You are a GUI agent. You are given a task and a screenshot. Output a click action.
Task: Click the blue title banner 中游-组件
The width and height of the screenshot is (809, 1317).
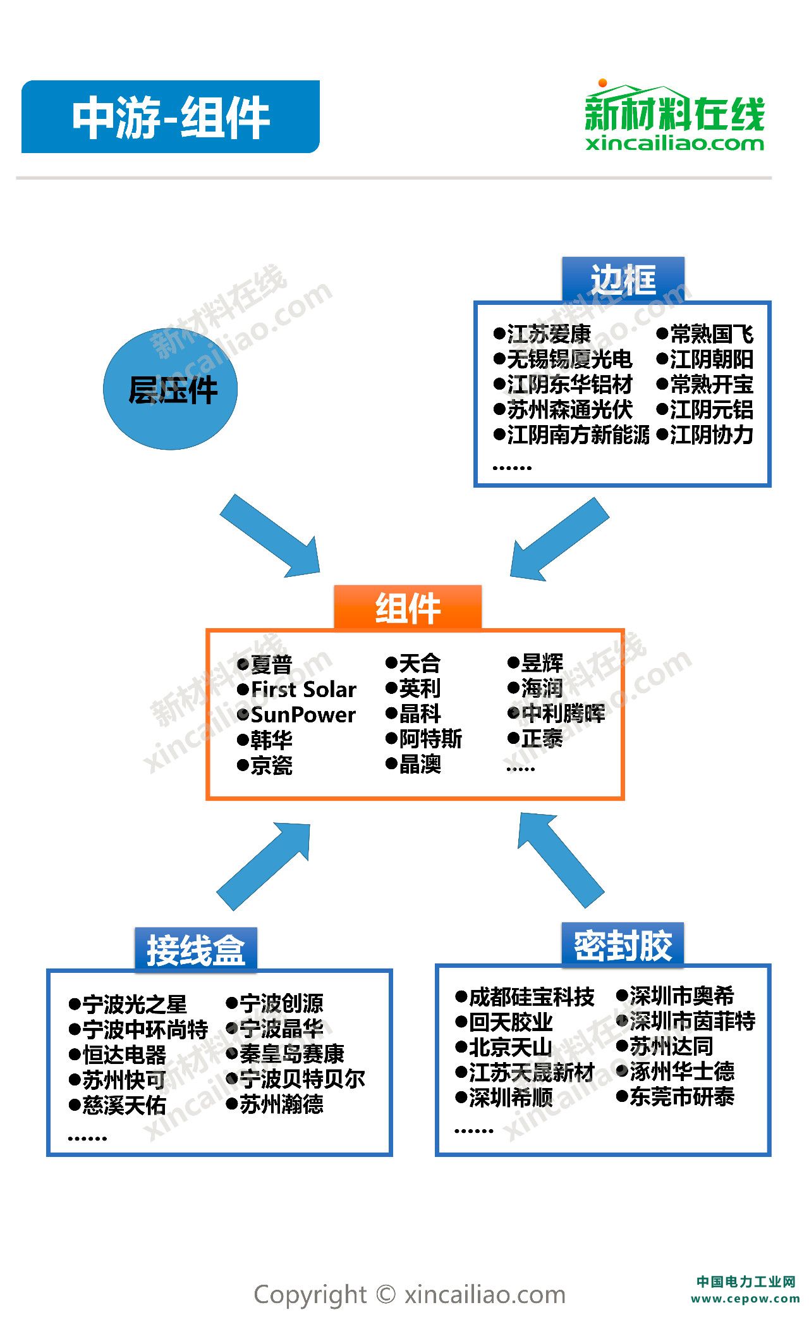170,117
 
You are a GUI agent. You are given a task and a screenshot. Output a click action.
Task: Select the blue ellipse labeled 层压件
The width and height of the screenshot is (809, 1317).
171,389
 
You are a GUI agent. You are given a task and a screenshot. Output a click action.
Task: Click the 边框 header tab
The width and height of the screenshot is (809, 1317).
623,280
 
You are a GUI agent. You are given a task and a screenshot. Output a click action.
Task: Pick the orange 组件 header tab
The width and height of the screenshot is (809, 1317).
408,608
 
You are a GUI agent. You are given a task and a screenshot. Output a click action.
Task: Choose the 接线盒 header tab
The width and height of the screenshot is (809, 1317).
196,949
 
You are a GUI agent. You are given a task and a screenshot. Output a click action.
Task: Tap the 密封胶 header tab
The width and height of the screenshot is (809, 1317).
623,946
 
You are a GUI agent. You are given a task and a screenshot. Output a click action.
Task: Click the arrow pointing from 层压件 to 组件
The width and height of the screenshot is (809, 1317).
272,536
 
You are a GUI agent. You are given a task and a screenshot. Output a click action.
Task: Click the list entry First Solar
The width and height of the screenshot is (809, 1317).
303,689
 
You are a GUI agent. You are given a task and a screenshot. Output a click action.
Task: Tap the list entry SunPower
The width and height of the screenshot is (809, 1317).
303,714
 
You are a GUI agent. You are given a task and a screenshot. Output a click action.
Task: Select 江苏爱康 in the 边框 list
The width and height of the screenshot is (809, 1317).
549,333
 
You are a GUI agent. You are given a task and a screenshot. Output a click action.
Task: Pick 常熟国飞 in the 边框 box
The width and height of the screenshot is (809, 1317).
711,333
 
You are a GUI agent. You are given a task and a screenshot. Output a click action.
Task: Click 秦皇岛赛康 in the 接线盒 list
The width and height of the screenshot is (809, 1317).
291,1053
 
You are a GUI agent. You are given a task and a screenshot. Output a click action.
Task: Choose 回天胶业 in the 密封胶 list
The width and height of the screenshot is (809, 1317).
511,1022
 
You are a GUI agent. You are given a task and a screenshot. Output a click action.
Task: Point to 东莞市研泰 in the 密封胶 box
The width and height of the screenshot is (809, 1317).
681,1096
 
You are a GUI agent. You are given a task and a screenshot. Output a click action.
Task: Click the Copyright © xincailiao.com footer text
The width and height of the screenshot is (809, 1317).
410,1294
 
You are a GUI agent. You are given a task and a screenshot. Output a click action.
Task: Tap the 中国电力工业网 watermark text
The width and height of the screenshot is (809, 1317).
746,1282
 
